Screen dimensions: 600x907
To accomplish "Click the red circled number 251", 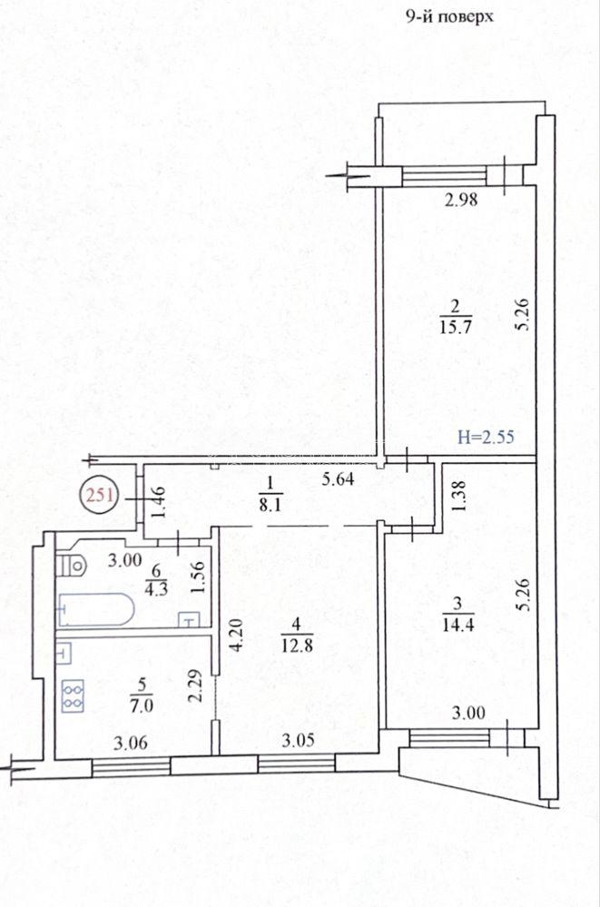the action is pos(99,495).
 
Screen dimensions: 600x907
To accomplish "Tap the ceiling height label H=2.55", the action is pos(486,436).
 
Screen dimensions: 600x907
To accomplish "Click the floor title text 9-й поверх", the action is pos(449,16).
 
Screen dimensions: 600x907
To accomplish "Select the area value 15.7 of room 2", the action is pos(456,326).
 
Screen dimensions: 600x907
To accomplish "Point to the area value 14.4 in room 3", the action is pos(458,625).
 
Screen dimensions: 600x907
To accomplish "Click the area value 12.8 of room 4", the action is pos(297,645).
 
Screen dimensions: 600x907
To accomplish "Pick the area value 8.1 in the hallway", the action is pos(270,505).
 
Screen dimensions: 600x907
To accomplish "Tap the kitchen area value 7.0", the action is pos(142,705).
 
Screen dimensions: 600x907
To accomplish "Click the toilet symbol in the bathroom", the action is pos(71,564).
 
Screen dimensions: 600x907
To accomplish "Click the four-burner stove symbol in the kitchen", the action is pos(74,695).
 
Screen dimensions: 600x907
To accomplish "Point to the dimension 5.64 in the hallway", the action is pos(338,479).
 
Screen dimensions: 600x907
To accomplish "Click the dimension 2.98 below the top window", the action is pos(461,200).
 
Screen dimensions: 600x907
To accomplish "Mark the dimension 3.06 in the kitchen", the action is pos(130,743).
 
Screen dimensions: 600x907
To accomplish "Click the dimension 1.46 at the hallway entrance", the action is pos(159,501).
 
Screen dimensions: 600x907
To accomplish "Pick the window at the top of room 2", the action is pos(445,176).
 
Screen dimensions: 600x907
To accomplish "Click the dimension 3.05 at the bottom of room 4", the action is pos(299,740).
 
